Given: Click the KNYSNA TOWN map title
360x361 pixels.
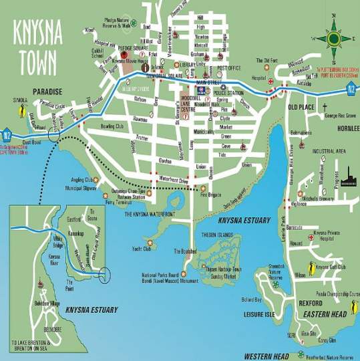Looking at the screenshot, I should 37,46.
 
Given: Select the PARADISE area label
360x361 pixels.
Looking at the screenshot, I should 47,92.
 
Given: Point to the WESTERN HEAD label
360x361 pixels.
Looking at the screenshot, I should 266,356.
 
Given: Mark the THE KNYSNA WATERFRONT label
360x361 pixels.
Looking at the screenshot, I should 150,213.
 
